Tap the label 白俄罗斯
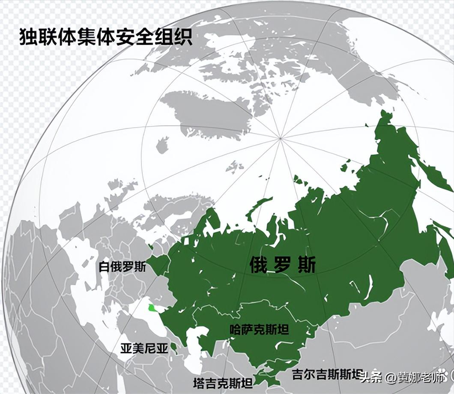[122, 267]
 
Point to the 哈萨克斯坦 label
[259, 329]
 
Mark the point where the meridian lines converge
[280, 138]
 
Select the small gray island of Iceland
[162, 145]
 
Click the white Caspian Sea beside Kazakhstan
[195, 347]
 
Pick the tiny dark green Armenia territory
[173, 348]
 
